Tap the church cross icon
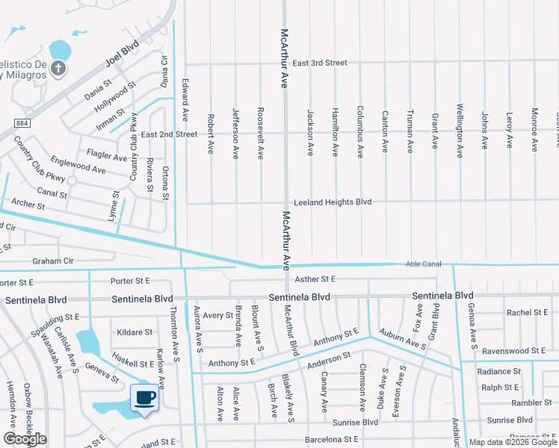[x=59, y=69]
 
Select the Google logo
[x=25, y=439]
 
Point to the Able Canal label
[x=424, y=264]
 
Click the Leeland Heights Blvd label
[x=332, y=202]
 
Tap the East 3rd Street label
[x=319, y=63]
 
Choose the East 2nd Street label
[x=169, y=134]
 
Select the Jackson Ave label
[x=309, y=132]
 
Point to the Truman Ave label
[x=410, y=132]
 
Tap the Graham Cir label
[x=53, y=261]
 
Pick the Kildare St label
[x=136, y=332]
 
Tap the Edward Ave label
[x=184, y=102]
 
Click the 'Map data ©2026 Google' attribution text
[x=512, y=442]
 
